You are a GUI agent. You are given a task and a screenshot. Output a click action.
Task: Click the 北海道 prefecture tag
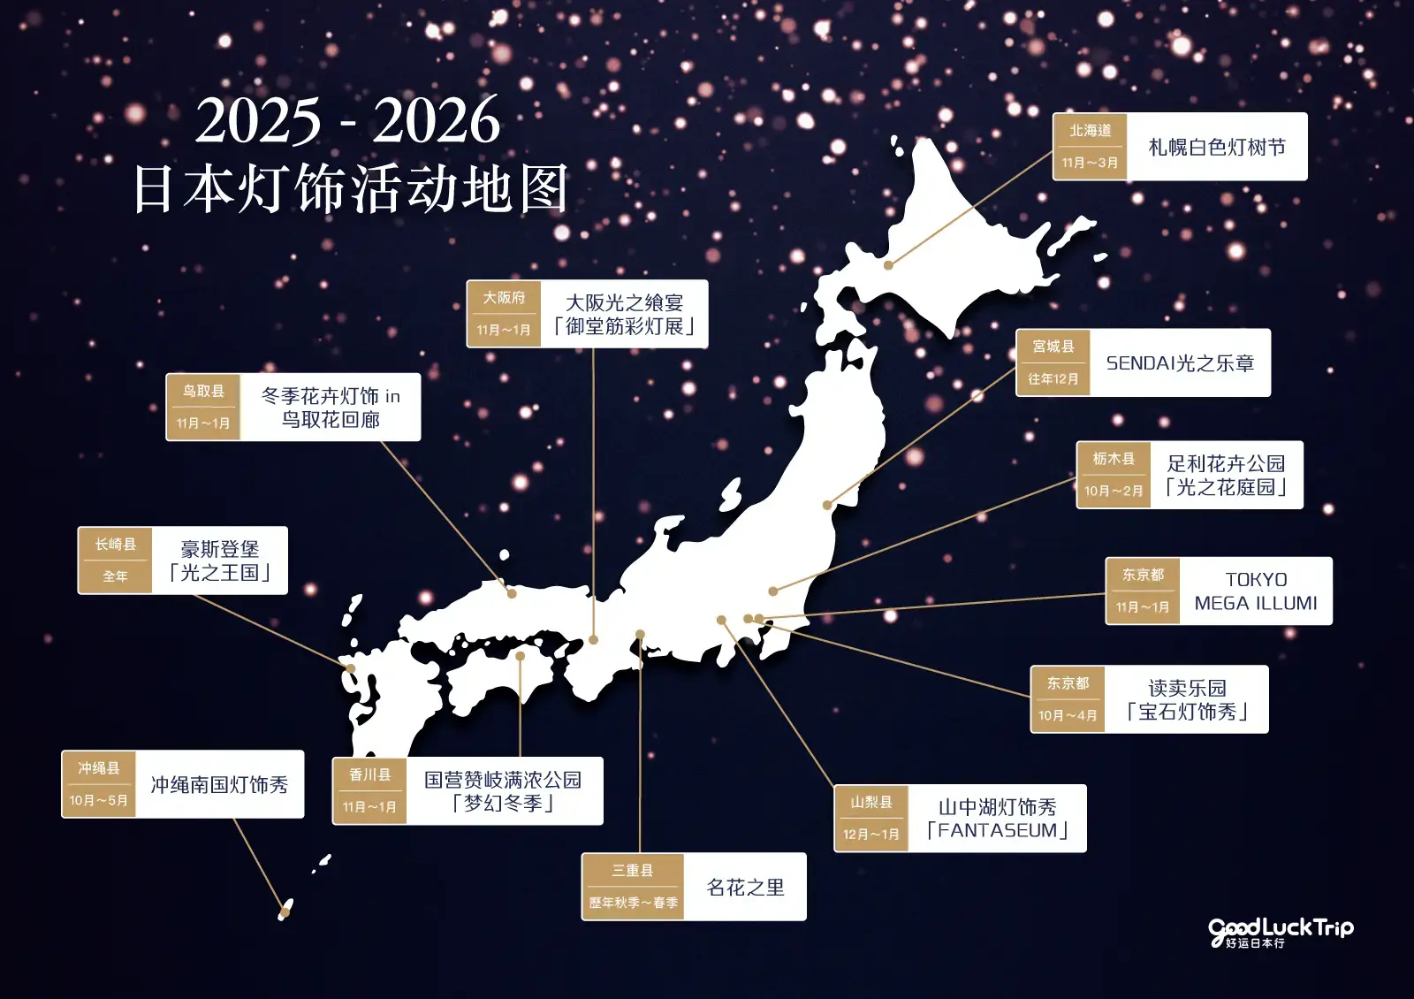tap(1090, 131)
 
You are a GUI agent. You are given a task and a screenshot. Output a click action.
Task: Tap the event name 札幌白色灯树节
tap(1217, 147)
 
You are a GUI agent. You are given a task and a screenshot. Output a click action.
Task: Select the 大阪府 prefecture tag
tap(504, 298)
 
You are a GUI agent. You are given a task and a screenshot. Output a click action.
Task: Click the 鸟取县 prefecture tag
tap(203, 391)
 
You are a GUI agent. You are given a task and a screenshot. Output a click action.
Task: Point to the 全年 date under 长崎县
tap(115, 576)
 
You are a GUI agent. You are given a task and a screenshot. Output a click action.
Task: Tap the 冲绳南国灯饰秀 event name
tap(219, 784)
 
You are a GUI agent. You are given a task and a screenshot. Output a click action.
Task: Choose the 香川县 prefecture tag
tap(369, 775)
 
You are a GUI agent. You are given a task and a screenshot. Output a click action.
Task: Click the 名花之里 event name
tap(745, 887)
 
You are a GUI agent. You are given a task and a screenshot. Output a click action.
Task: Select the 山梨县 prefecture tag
tap(871, 803)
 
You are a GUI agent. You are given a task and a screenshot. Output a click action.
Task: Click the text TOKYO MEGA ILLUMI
tap(1256, 591)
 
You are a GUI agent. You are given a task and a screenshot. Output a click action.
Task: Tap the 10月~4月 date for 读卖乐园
tap(1068, 715)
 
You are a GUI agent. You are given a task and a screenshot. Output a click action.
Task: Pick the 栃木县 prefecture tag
tap(1114, 459)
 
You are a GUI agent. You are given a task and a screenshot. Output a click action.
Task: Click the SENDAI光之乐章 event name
tap(1180, 363)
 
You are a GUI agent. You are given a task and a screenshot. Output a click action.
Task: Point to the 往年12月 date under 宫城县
tap(1053, 379)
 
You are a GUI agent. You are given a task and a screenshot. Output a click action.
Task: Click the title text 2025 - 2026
tap(347, 120)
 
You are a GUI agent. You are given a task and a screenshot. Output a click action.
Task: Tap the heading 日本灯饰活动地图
tap(350, 189)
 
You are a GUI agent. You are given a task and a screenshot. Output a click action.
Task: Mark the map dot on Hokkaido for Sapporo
tap(888, 264)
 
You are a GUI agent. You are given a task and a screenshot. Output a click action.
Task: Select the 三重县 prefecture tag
tap(633, 871)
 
